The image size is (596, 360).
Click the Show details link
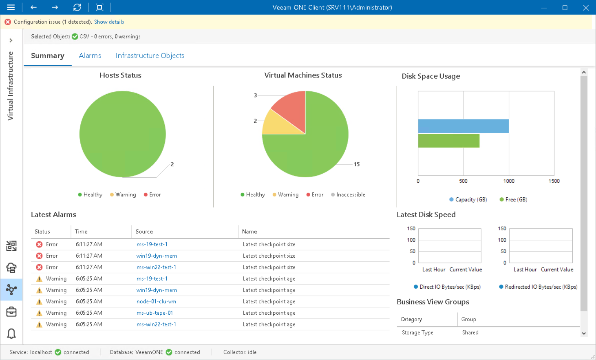pos(109,22)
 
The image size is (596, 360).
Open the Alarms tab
pos(90,56)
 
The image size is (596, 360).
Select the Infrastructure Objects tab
pos(150,56)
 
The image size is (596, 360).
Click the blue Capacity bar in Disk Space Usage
pos(463,126)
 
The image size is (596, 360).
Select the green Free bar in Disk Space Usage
pos(448,141)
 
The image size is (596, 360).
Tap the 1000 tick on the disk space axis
pos(509,181)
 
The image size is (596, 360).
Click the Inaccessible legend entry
pos(350,195)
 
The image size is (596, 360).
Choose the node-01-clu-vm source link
pos(156,302)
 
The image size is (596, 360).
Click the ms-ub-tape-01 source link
pos(155,313)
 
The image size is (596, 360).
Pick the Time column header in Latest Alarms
pos(81,232)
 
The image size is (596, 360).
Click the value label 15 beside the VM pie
pos(356,164)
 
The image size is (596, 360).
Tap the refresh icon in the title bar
pos(77,7)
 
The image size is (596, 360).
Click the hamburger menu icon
pos(11,7)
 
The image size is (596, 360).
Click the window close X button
pos(586,8)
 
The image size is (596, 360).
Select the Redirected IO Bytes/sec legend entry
pos(540,287)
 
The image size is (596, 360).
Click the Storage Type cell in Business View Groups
pos(417,333)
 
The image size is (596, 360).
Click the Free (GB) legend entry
pos(516,200)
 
